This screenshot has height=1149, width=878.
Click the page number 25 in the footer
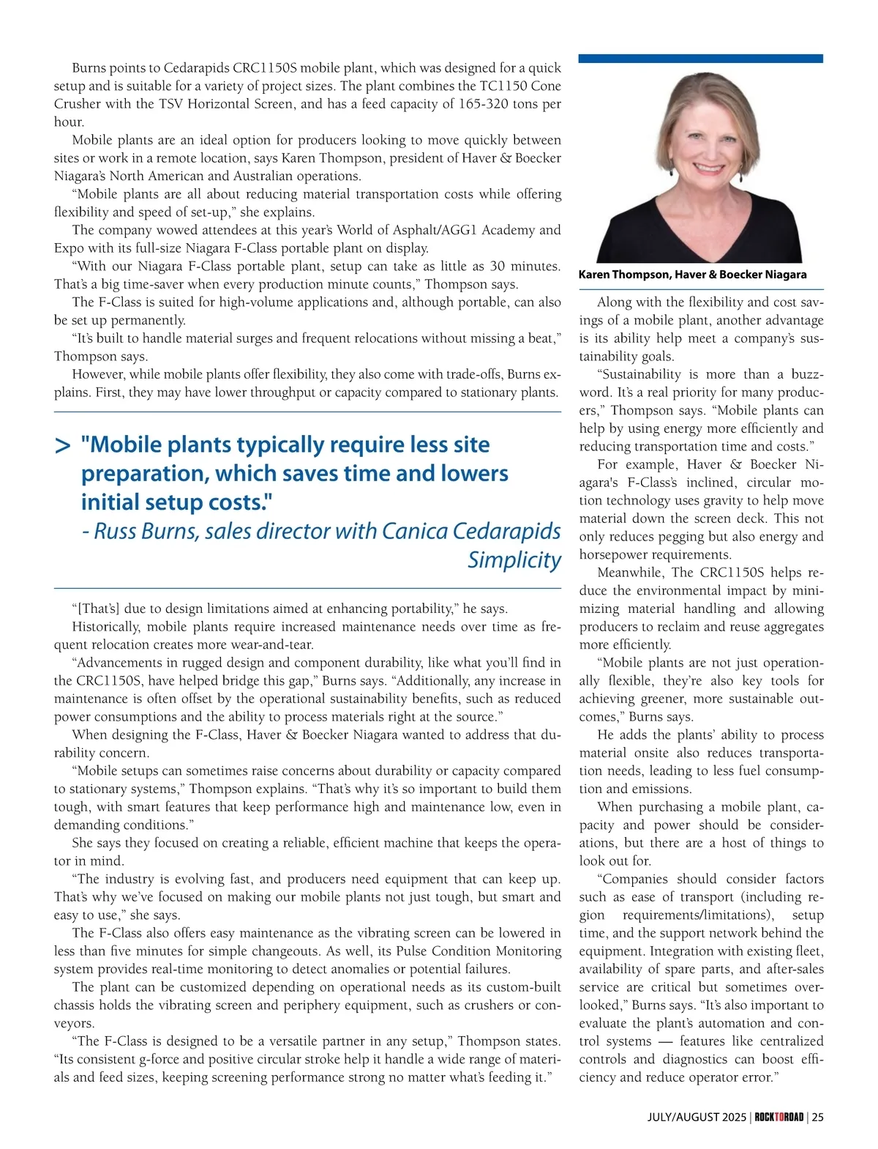(817, 1117)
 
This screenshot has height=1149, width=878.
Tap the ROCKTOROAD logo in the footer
(779, 1117)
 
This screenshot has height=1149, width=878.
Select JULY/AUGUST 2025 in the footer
(697, 1117)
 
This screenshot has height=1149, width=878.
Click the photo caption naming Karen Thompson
(692, 275)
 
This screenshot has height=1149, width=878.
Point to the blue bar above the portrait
(700, 59)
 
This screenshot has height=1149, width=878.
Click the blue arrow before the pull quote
(63, 445)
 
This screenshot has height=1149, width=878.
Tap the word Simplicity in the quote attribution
(514, 559)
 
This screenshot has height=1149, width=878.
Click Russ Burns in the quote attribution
(146, 531)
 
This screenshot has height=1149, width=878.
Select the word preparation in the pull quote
(144, 474)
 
